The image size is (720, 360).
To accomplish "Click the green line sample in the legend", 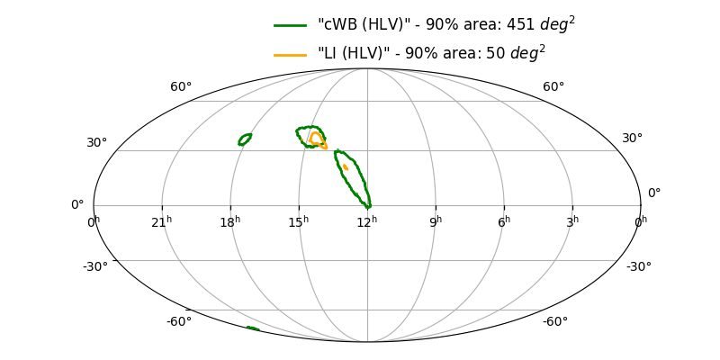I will (x=292, y=25).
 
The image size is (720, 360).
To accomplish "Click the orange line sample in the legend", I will (x=292, y=55).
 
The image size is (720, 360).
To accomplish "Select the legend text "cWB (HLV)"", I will (x=355, y=25).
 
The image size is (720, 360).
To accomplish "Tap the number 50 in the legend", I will (x=495, y=55).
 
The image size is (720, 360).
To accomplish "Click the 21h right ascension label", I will (x=162, y=221).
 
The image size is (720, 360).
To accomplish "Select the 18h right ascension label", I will (x=230, y=221).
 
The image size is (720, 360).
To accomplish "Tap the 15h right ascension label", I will (x=299, y=221).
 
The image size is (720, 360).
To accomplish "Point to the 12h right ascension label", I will (x=367, y=221).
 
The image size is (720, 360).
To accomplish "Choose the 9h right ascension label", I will (x=436, y=221).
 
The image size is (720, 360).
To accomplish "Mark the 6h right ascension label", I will (x=504, y=221).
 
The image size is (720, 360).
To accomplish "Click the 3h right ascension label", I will (x=572, y=221).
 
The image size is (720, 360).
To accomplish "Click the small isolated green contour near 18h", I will (x=245, y=139).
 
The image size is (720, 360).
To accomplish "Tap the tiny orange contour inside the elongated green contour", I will (x=345, y=167).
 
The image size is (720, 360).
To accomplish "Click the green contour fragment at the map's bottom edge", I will (x=253, y=328).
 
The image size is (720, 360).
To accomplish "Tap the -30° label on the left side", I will (x=95, y=266).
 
